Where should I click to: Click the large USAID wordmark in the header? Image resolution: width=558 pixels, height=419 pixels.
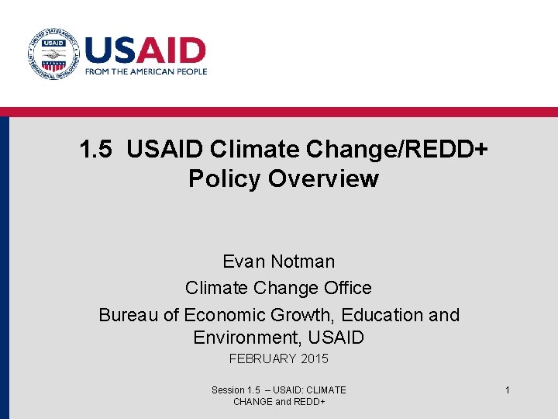coord(145,51)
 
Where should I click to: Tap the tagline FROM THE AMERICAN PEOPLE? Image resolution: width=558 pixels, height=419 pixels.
coord(146,71)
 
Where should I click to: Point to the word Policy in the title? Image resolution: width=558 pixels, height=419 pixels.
coord(224,179)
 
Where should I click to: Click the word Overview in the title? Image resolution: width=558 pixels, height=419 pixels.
coord(323,179)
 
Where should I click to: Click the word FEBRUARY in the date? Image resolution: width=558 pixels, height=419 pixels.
coord(263,358)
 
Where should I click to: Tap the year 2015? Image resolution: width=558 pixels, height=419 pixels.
coord(315,358)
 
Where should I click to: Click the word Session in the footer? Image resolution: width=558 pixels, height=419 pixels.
coord(228,390)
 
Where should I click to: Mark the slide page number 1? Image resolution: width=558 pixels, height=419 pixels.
coord(508,390)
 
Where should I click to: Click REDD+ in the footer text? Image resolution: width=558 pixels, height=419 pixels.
coord(309,401)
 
